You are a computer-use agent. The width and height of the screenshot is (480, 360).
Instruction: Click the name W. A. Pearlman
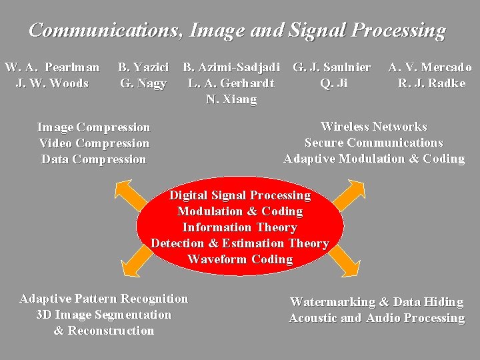[52, 67]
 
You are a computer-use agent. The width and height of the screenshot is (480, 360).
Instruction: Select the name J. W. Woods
[52, 83]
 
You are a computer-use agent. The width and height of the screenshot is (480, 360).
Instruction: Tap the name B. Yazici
[143, 67]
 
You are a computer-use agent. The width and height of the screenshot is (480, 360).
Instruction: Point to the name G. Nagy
[143, 83]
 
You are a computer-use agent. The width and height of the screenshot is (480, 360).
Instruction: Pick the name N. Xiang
[231, 99]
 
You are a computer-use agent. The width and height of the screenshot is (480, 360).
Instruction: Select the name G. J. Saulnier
[332, 67]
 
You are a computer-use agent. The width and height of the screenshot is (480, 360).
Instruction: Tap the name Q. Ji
[333, 83]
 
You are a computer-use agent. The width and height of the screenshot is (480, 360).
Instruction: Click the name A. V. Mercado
[430, 67]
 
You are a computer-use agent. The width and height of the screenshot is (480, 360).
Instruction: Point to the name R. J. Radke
[431, 83]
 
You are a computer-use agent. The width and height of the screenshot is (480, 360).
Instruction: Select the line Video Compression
[94, 143]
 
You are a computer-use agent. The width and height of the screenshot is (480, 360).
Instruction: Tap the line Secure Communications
[373, 143]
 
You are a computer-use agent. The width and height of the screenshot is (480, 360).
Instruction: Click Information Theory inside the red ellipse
[239, 227]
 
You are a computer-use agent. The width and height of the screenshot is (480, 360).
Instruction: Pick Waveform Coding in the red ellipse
[240, 259]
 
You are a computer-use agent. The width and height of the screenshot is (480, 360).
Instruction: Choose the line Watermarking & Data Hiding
[376, 302]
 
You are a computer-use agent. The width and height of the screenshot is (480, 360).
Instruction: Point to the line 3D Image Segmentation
[103, 315]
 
